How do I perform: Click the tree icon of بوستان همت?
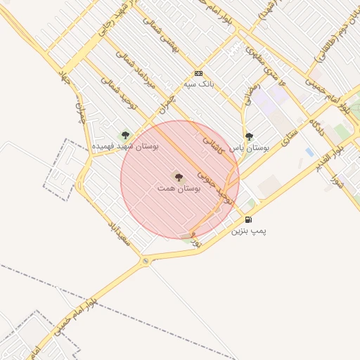point(178,176)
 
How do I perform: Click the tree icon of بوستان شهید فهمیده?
point(126,135)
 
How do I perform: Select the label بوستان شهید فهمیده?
point(126,146)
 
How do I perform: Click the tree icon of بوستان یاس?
point(249,136)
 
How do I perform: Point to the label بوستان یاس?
point(250,148)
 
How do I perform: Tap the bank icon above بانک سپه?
point(198,73)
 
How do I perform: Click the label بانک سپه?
point(198,84)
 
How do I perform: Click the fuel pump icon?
point(248,219)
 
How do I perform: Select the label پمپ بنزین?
point(250,231)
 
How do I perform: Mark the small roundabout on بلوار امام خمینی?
point(146,262)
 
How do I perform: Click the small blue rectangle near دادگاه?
point(309,152)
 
